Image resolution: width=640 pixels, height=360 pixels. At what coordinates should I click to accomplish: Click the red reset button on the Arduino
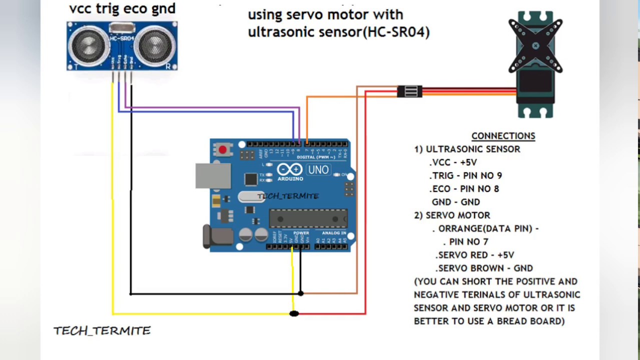pyautogui.click(x=222, y=149)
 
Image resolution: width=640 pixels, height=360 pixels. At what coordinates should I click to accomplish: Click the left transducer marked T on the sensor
pyautogui.click(x=89, y=45)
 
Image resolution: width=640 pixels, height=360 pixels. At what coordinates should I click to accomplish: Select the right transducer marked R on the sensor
pyautogui.click(x=155, y=45)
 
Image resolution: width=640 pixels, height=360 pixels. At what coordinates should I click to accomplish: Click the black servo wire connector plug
pyautogui.click(x=409, y=91)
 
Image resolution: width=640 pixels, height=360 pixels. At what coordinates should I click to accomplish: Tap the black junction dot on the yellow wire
pyautogui.click(x=294, y=313)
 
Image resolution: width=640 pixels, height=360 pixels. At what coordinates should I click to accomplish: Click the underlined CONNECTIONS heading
pyautogui.click(x=503, y=136)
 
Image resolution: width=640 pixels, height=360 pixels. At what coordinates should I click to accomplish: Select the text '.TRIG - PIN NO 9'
pyautogui.click(x=465, y=175)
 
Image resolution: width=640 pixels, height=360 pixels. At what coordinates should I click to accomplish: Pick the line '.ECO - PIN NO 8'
pyautogui.click(x=464, y=189)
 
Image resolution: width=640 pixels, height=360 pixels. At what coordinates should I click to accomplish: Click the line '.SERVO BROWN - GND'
pyautogui.click(x=484, y=268)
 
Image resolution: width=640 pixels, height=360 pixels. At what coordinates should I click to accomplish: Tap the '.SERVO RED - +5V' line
pyautogui.click(x=475, y=255)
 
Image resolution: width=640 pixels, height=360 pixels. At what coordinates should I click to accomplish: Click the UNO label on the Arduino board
pyautogui.click(x=318, y=170)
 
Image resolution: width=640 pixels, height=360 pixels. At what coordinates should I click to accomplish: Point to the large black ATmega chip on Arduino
pyautogui.click(x=308, y=218)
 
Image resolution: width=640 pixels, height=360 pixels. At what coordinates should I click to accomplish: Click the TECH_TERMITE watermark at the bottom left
pyautogui.click(x=102, y=331)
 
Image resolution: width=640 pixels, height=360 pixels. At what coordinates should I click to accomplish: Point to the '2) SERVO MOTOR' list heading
pyautogui.click(x=452, y=215)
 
